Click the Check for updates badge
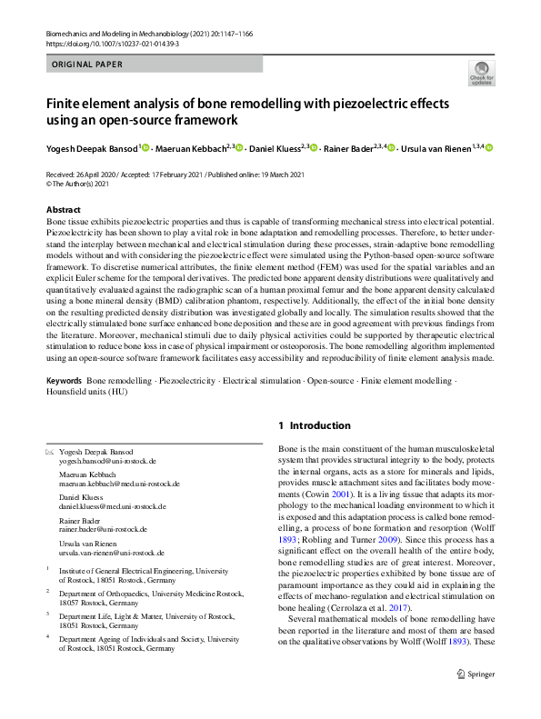click(481, 74)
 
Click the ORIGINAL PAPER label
click(88, 65)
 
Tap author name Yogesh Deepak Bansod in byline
click(91, 148)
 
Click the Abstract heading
click(63, 210)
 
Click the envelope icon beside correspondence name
click(50, 452)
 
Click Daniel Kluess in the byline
click(275, 148)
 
